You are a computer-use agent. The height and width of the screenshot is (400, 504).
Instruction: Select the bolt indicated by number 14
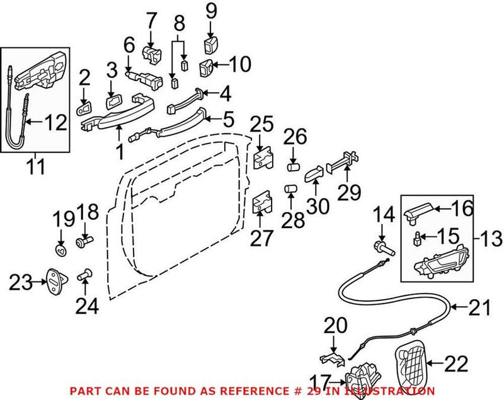[x=383, y=247]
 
